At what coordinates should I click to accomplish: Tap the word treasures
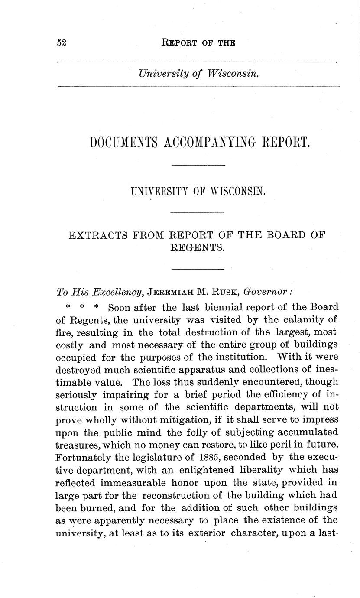[76, 445]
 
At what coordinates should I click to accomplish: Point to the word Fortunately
[82, 458]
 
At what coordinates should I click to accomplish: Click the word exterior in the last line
[205, 533]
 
